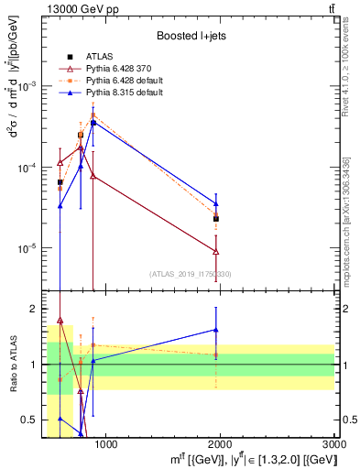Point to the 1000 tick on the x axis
[106, 444]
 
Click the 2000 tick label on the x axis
[220, 444]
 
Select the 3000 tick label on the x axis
[334, 444]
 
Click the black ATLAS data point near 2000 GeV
[216, 219]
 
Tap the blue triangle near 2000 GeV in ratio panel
[216, 330]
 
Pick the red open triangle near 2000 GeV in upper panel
[216, 252]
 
